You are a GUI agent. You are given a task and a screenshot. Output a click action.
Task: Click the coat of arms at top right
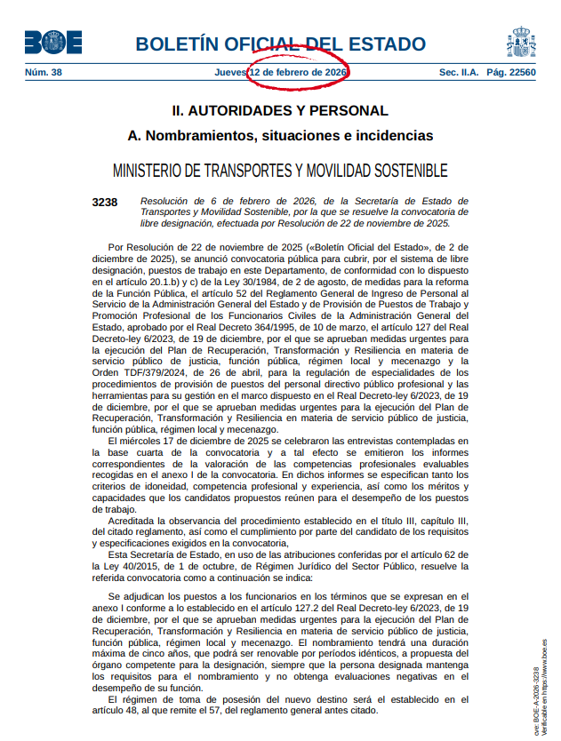(x=520, y=42)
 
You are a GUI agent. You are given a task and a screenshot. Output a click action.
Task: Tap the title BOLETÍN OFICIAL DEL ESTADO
(x=280, y=44)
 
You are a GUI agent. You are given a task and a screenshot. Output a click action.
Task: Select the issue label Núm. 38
(x=44, y=72)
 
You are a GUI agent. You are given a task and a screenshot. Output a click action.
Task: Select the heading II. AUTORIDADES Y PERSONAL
(x=280, y=111)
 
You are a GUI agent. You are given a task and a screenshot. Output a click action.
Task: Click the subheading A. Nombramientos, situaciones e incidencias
(x=280, y=136)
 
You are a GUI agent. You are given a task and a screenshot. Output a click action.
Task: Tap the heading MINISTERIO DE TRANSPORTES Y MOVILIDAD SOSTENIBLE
(x=280, y=171)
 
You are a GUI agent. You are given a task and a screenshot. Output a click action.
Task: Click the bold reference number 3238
(x=105, y=202)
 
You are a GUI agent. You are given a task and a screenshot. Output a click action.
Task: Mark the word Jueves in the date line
(x=230, y=72)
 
